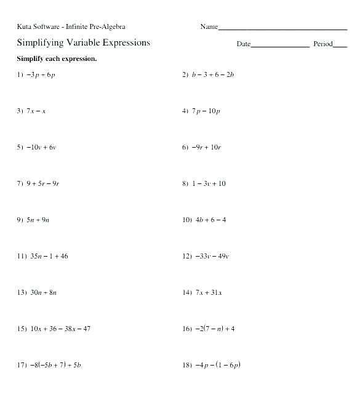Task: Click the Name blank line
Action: pos(282,29)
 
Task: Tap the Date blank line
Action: pos(280,46)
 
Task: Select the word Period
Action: pos(322,44)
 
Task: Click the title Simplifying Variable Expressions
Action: pos(83,43)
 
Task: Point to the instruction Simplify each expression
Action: pos(57,59)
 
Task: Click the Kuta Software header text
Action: pos(71,26)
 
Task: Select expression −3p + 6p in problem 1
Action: pos(41,75)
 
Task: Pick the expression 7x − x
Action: pos(36,111)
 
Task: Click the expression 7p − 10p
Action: pos(206,111)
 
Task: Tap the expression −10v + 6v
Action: pos(41,148)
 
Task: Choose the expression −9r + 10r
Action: pos(206,148)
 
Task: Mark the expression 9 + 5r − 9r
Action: pos(43,184)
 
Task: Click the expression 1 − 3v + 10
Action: pos(209,184)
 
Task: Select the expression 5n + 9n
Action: pos(38,220)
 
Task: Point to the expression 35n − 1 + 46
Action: pos(49,257)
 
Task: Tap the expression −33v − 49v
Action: pos(212,257)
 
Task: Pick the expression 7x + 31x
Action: pos(209,293)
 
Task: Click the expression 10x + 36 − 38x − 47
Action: pos(60,329)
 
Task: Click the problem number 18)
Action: pos(187,366)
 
